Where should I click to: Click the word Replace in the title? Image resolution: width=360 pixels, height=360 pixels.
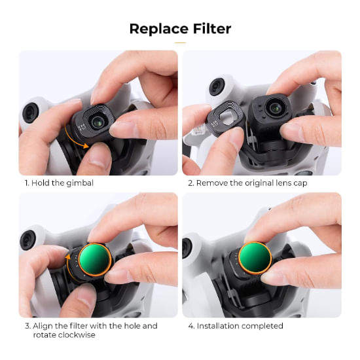(159, 29)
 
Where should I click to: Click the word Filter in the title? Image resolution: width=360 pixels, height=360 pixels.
(212, 28)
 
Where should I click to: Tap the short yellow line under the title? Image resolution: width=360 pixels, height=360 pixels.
(180, 43)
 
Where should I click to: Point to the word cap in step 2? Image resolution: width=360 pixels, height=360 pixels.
(300, 183)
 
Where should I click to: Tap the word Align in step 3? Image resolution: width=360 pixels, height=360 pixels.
(43, 326)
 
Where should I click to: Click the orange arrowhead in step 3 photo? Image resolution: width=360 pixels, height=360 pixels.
(68, 257)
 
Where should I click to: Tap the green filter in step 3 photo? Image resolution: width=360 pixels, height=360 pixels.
(95, 260)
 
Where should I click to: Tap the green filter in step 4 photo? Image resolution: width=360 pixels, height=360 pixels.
(255, 259)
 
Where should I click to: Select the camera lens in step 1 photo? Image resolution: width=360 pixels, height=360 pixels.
(98, 122)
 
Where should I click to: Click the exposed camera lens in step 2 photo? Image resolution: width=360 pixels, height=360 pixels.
(275, 107)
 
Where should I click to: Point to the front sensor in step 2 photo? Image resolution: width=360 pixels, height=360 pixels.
(217, 86)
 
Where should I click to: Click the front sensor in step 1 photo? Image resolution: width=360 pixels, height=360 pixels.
(30, 113)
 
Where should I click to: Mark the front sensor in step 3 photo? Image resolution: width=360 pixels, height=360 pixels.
(28, 240)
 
